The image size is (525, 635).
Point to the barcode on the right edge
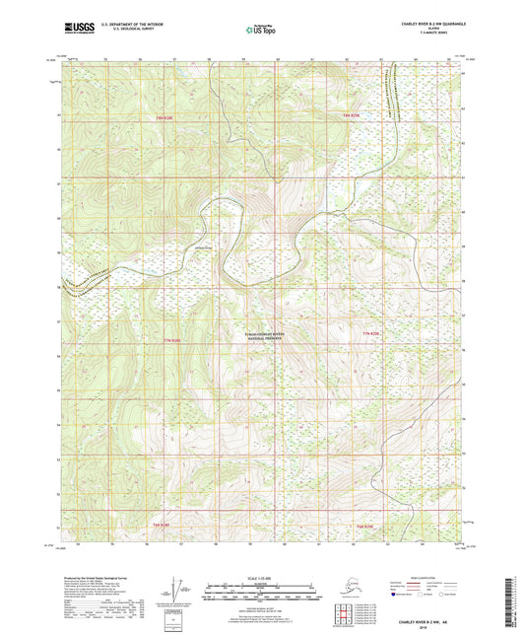(x=515, y=600)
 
